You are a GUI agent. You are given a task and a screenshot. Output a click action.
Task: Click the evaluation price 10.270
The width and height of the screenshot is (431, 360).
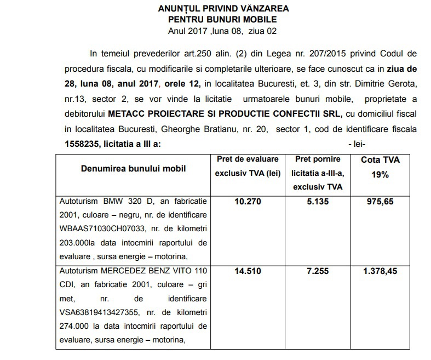[248, 202]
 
